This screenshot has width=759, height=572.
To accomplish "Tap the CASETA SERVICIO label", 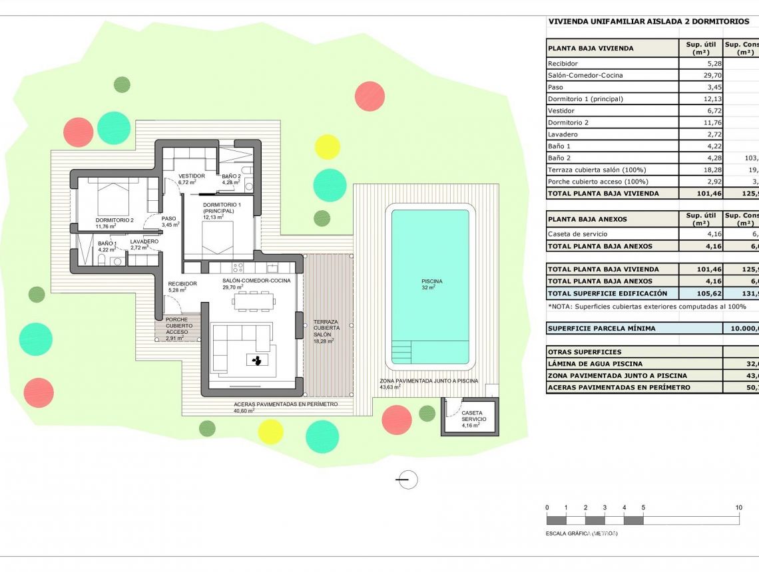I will (x=474, y=416).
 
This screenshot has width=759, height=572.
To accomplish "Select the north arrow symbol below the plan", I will (x=406, y=479).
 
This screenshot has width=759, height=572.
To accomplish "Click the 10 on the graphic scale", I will (x=738, y=507).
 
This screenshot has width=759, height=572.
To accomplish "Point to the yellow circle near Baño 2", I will (x=327, y=146).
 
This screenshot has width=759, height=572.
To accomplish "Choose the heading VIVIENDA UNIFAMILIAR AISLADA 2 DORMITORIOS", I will (x=648, y=21).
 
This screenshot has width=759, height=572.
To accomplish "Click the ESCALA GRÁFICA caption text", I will (x=581, y=533).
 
